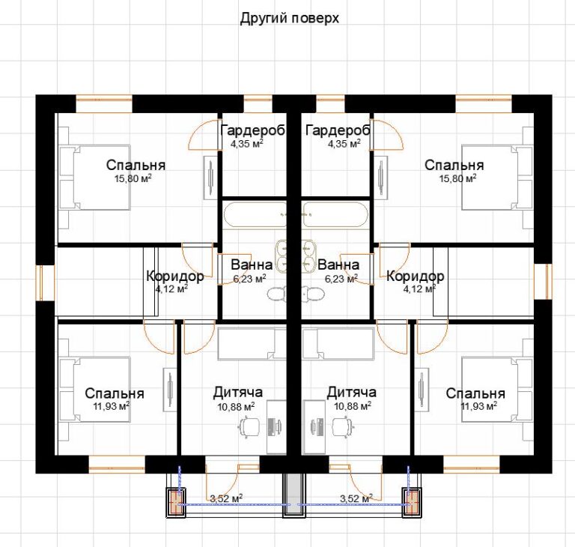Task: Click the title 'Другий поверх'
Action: (289, 18)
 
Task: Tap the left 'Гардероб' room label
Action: (253, 130)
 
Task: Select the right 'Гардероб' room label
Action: (338, 130)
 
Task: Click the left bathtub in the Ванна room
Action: (255, 214)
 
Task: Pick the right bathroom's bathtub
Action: (335, 214)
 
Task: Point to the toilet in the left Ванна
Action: (277, 294)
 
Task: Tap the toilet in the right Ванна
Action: (313, 294)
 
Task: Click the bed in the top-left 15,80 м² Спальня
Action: (94, 178)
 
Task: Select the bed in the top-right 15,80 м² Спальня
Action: (497, 178)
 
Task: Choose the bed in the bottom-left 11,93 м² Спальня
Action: (94, 390)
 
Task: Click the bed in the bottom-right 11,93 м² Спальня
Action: (497, 390)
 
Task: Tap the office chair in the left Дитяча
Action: (249, 426)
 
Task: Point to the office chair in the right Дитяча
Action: (343, 426)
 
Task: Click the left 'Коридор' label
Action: (175, 276)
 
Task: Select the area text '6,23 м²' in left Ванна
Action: (250, 279)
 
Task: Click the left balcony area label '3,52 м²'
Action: (226, 498)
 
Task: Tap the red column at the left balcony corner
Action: (177, 502)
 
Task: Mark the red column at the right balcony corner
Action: (412, 502)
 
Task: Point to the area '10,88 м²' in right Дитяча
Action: (353, 405)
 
